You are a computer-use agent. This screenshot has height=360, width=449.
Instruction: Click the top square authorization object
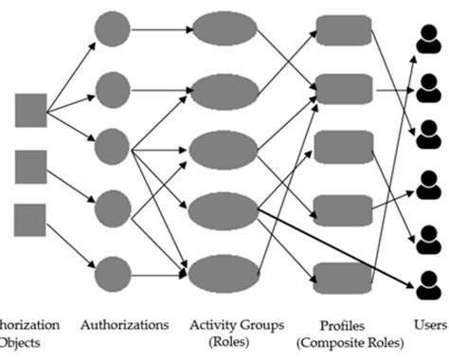pos(30,111)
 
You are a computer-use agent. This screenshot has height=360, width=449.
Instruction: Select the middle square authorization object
pos(30,166)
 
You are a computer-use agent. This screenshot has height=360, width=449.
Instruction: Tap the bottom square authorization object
pos(30,219)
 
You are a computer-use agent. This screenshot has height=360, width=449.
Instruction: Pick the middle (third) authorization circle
pos(112,146)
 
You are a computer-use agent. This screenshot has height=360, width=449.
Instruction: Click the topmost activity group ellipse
pos(224,29)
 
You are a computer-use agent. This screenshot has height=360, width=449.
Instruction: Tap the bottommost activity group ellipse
pos(224,273)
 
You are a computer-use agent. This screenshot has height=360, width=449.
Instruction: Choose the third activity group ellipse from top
pos(224,150)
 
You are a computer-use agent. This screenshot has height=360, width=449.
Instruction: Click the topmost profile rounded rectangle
pos(342,29)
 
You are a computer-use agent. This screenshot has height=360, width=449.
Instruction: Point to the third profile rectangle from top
pos(342,148)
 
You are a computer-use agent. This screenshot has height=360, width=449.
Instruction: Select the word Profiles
pos(342,325)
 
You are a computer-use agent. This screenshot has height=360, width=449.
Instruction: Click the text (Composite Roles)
pos(342,342)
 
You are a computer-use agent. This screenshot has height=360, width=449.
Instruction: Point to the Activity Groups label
pos(236,325)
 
